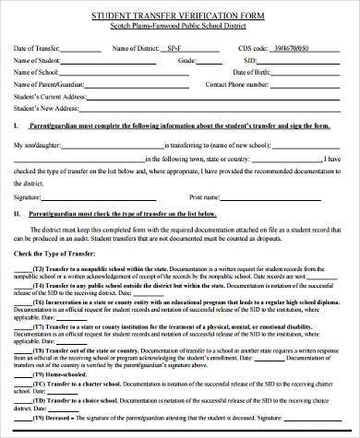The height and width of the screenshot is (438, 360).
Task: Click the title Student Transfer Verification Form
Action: pyautogui.click(x=179, y=17)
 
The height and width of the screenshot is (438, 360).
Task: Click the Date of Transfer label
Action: pyautogui.click(x=38, y=46)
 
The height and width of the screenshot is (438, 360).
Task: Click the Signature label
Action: pyautogui.click(x=30, y=195)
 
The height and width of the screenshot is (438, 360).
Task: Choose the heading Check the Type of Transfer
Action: pyautogui.click(x=59, y=253)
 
